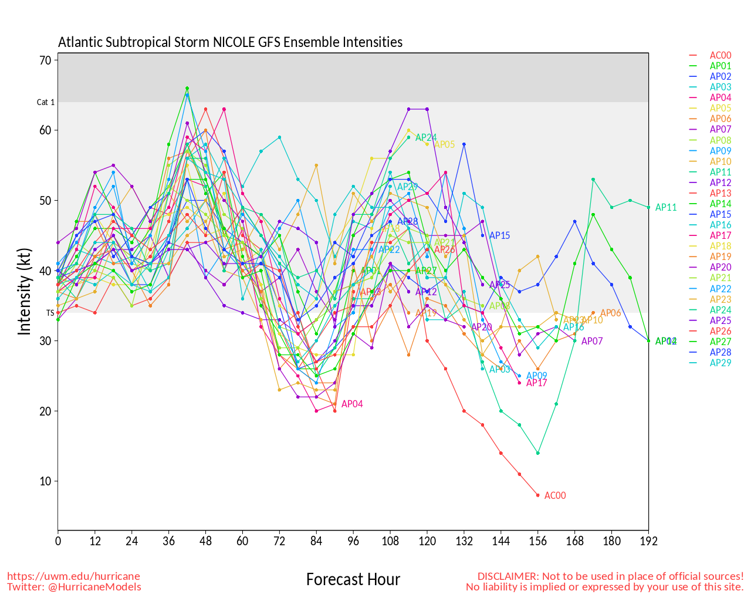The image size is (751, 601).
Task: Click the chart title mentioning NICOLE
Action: [x=230, y=42]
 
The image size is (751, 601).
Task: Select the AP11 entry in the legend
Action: [x=720, y=172]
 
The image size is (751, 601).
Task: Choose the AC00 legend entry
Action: [x=720, y=56]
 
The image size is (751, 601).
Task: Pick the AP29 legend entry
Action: [x=720, y=363]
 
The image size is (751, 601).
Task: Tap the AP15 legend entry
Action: [x=720, y=214]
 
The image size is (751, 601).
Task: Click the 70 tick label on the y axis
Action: [x=46, y=60]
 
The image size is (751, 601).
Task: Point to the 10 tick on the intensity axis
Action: [x=46, y=481]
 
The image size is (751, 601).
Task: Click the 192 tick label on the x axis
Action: [x=648, y=541]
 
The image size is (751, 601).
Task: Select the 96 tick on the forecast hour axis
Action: [x=353, y=541]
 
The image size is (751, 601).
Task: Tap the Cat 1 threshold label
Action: [x=46, y=102]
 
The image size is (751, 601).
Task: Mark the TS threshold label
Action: [x=50, y=313]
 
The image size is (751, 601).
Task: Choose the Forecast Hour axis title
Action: [x=353, y=580]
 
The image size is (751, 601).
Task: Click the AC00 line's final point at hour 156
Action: [x=537, y=495]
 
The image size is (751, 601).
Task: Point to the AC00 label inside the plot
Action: [x=555, y=495]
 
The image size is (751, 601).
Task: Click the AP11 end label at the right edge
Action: [x=666, y=207]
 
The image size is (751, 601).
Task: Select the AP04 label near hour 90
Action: [x=352, y=404]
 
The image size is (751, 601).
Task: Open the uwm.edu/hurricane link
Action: [x=73, y=576]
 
